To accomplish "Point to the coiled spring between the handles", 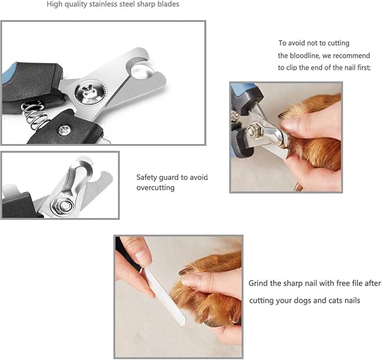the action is click(x=34, y=115).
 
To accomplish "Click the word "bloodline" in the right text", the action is click(x=303, y=56).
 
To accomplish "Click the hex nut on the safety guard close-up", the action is click(x=64, y=205).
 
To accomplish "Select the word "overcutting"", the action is click(x=155, y=188).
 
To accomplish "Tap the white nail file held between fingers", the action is click(x=165, y=296).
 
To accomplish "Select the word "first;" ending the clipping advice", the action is click(x=364, y=67).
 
